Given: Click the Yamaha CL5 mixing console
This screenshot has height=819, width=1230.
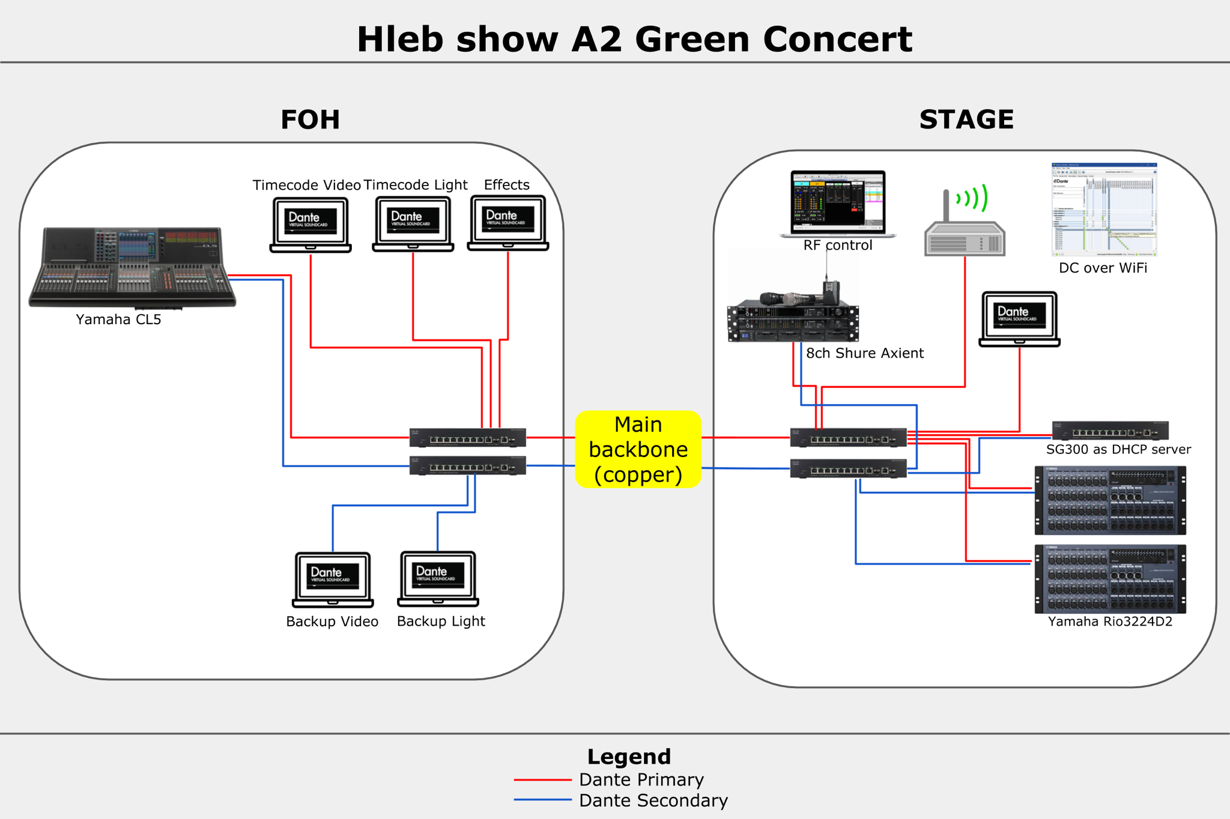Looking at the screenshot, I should tap(132, 267).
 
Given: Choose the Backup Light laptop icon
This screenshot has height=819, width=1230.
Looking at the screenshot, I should tap(438, 578).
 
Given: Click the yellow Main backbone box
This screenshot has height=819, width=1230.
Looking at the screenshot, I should tap(638, 449).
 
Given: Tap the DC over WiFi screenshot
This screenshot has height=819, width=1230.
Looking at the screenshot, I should tap(1104, 210).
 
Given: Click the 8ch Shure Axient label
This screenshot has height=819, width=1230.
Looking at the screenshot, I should tap(864, 353).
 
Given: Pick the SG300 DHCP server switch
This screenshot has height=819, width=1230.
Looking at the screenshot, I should tap(1110, 431).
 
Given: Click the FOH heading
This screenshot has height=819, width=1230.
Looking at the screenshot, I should tap(310, 119).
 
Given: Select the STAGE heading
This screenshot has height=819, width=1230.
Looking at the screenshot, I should tap(966, 119).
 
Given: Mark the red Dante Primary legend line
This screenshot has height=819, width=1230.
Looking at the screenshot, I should tap(542, 780).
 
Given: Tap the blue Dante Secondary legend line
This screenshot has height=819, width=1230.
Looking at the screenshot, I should tap(542, 800).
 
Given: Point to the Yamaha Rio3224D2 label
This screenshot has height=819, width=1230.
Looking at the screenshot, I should tap(1110, 621).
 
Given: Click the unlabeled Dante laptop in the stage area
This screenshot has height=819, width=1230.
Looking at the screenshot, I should tap(1019, 319).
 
